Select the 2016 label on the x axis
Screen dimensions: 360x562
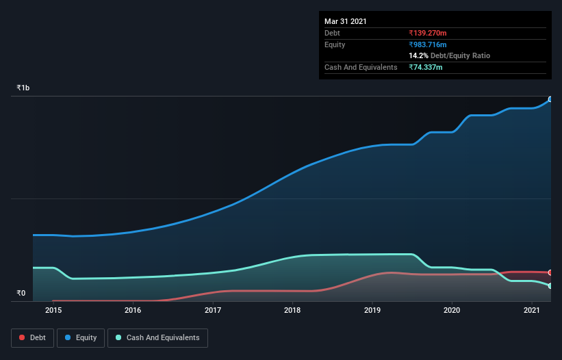tap(133, 311)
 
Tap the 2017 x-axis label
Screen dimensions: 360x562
tap(213, 311)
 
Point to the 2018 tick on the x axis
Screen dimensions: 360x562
tap(292, 311)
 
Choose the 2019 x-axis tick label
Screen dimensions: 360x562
tap(372, 311)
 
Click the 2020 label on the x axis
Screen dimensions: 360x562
tap(452, 311)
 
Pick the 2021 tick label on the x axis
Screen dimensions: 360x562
tap(532, 311)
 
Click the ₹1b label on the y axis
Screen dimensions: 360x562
tap(23, 88)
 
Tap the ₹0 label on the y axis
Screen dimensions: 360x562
tap(21, 294)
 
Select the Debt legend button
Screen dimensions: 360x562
tap(31, 337)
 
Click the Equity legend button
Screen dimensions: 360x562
tap(81, 337)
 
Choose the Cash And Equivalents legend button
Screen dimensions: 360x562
tap(157, 337)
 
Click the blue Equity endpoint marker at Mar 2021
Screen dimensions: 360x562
tap(550, 99)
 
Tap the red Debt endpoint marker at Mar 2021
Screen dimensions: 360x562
tap(550, 272)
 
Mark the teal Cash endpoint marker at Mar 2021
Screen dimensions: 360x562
tap(550, 285)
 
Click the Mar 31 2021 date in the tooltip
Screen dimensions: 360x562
tap(346, 21)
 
